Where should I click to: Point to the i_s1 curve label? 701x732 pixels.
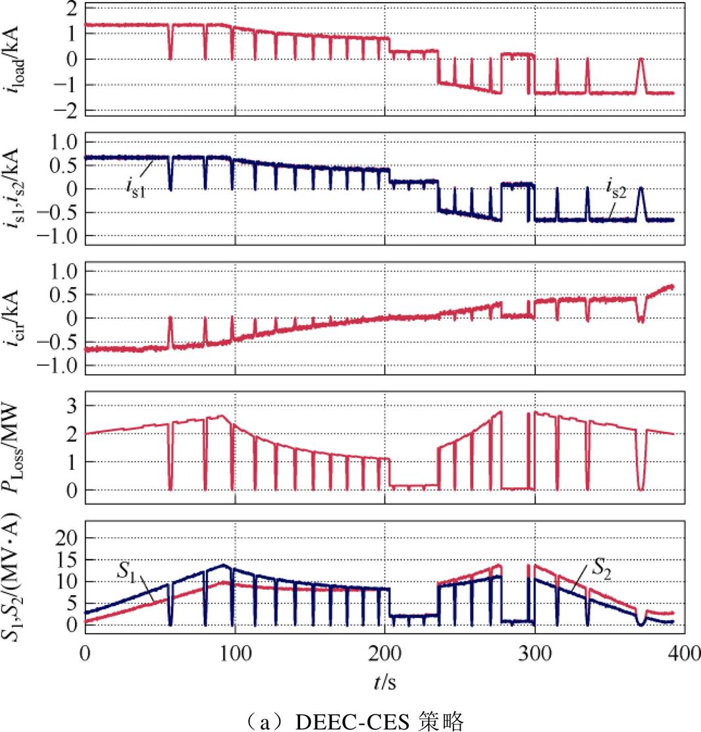[x=136, y=184]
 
